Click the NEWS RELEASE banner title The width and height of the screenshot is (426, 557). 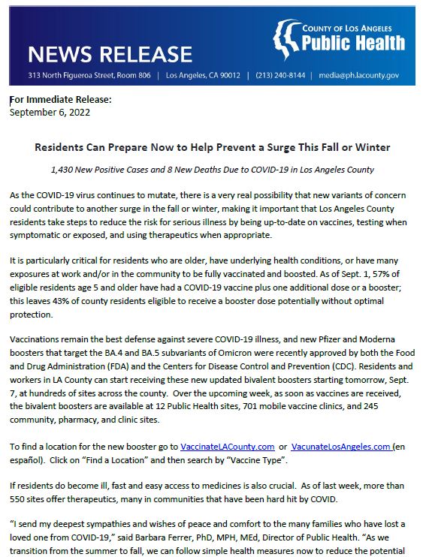click(x=110, y=53)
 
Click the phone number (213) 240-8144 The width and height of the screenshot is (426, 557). click(x=280, y=76)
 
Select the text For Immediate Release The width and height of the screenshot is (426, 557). click(x=60, y=100)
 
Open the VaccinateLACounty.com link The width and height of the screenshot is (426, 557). click(x=227, y=446)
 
